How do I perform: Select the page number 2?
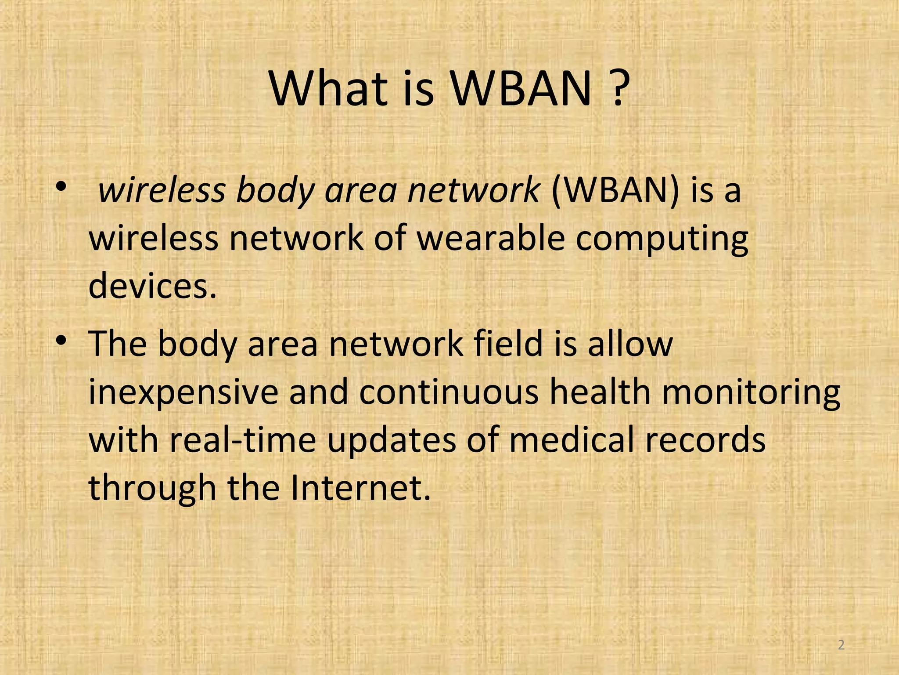[841, 645]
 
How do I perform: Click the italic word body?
[275, 192]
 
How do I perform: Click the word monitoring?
[751, 392]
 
